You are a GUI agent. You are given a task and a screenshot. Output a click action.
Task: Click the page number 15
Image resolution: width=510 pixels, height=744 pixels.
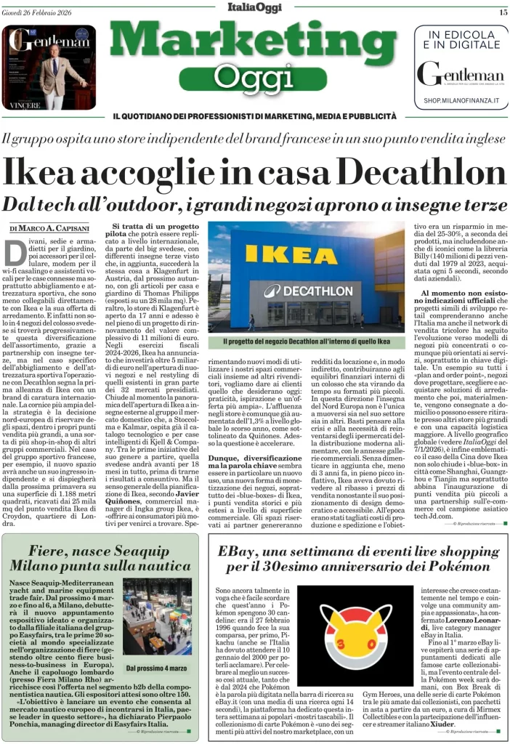pos(502,12)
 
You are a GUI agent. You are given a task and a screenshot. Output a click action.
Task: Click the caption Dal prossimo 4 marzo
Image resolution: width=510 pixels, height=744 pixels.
pos(158,668)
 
